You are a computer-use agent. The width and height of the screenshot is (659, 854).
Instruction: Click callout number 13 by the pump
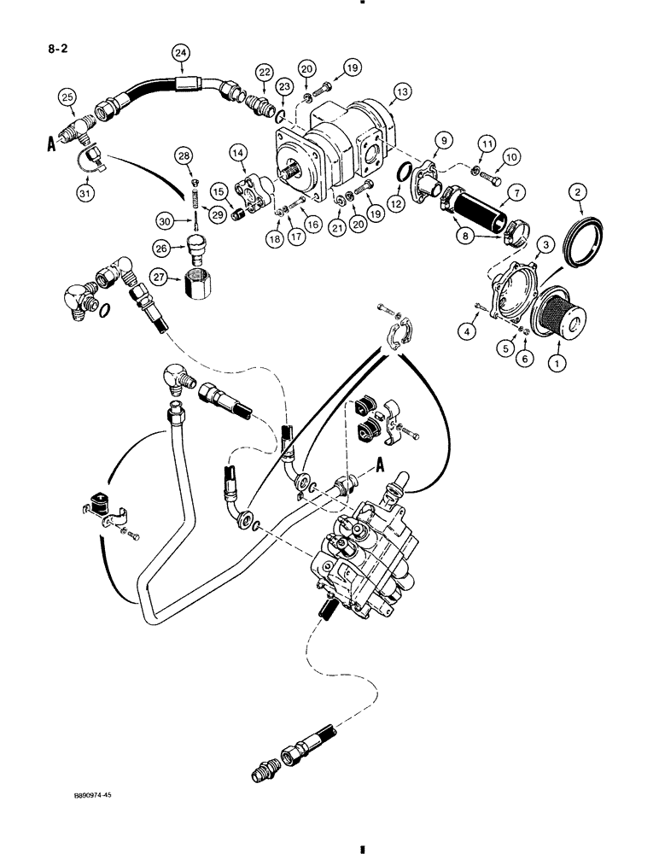(402, 92)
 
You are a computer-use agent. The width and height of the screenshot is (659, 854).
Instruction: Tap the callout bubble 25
(67, 98)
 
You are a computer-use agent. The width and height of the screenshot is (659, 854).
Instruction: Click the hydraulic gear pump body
(341, 145)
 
